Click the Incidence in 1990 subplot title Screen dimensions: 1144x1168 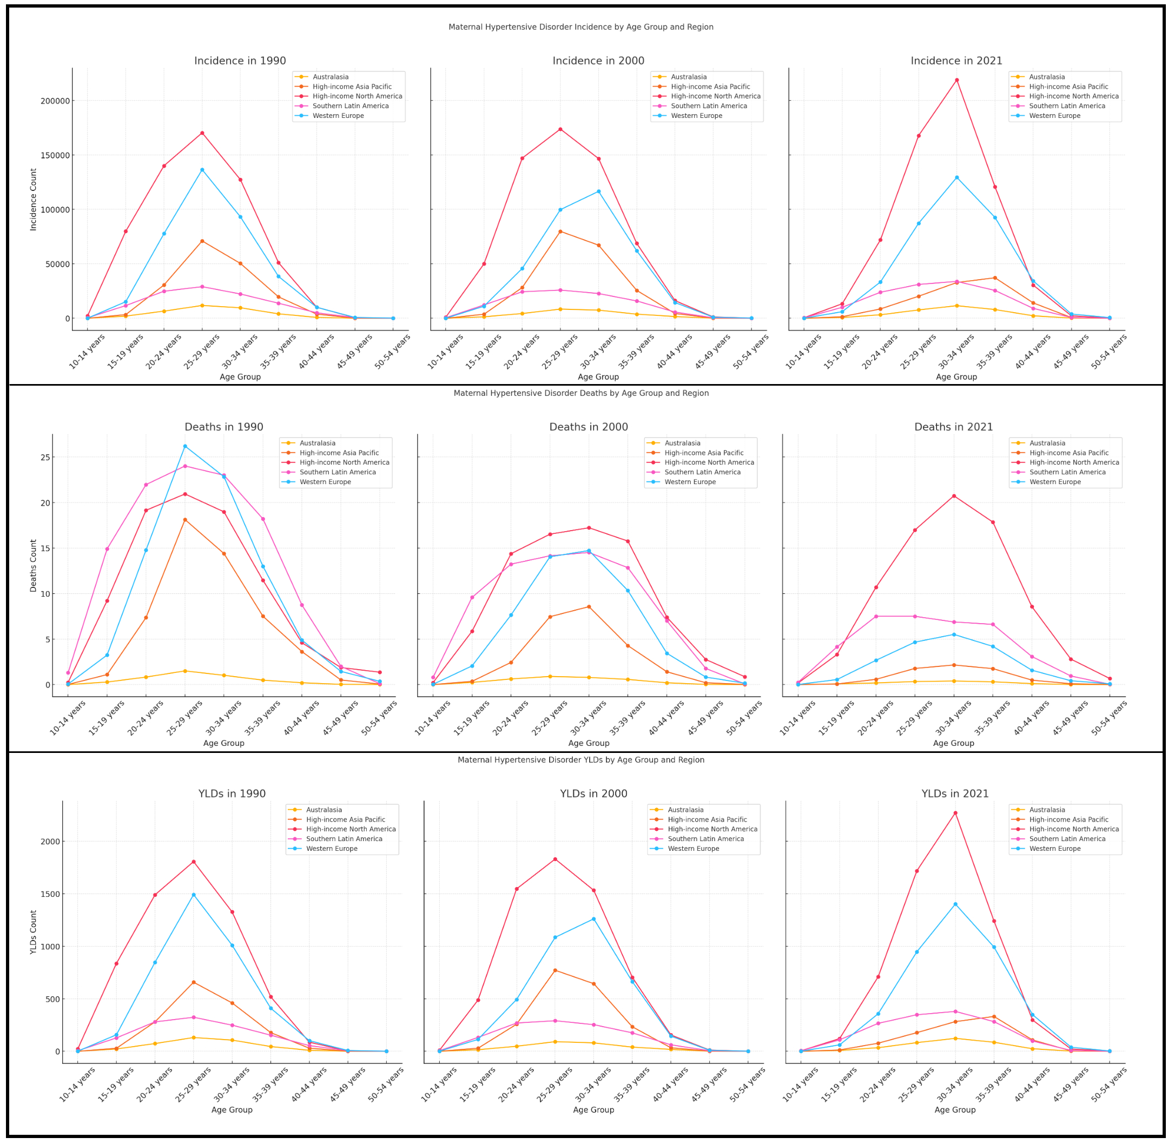(240, 61)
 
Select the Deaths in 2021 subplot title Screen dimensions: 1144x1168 (954, 427)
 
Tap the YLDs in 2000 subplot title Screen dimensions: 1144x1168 (593, 793)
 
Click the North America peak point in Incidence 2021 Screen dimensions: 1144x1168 (956, 80)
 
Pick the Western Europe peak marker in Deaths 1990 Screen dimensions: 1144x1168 (185, 446)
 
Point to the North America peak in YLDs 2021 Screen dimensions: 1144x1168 (955, 813)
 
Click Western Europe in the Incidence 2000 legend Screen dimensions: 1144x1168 (696, 115)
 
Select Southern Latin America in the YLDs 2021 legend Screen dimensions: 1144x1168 (1067, 839)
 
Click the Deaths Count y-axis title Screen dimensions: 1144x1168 (34, 565)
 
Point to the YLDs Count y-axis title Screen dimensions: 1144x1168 (34, 932)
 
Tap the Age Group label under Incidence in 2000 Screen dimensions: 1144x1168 (598, 376)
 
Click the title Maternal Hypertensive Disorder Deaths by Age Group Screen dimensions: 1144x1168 (581, 393)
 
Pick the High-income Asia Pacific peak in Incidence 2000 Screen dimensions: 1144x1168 (560, 232)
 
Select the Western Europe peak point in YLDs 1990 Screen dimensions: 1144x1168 (194, 895)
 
